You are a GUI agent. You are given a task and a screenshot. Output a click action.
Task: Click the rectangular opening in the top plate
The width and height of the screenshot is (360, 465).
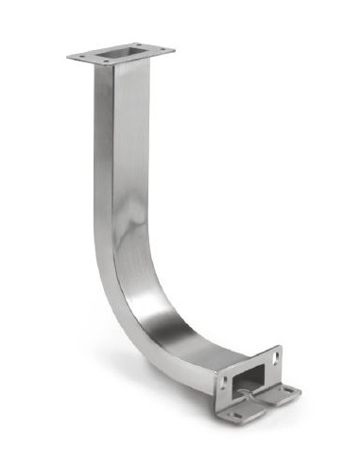122,51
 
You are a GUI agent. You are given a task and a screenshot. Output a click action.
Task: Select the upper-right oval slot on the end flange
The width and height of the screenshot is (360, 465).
275,356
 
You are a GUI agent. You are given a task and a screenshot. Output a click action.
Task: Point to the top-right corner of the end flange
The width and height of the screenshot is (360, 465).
281,346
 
